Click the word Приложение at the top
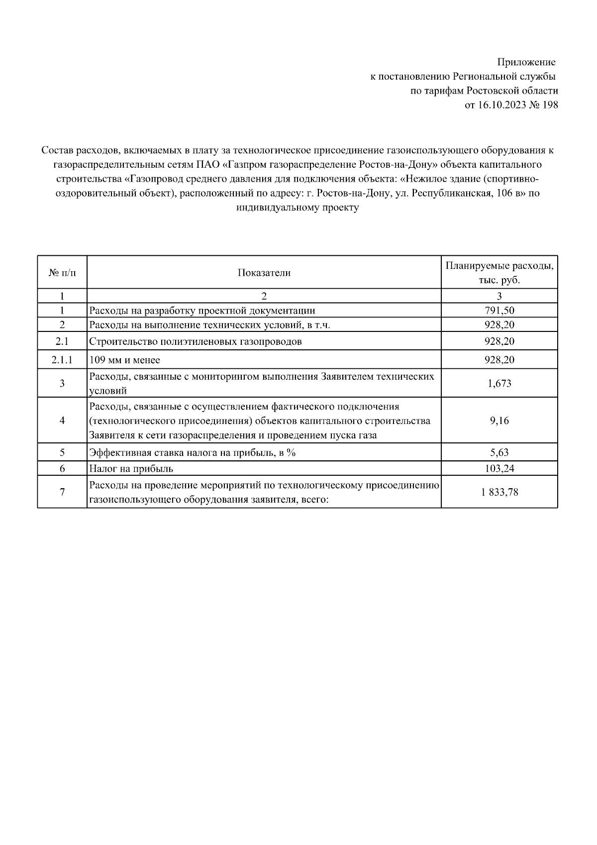point(526,62)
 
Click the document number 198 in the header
point(550,105)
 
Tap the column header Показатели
point(264,273)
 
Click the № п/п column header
point(62,273)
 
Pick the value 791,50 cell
point(499,311)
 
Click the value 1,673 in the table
point(499,383)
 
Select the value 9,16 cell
point(499,421)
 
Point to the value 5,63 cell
point(499,452)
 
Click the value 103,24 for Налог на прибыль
point(499,468)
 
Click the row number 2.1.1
point(62,360)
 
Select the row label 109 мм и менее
point(124,360)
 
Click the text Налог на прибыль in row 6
point(131,468)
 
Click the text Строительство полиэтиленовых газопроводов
point(195,341)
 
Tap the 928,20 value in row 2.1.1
point(499,360)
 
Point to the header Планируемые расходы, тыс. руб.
point(499,273)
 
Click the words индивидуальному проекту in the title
point(298,208)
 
